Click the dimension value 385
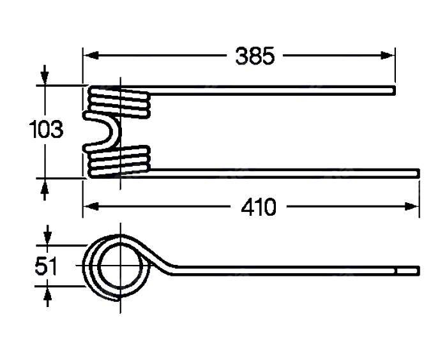click(x=255, y=56)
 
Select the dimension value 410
click(x=259, y=207)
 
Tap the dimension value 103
click(x=46, y=130)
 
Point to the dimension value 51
click(x=46, y=266)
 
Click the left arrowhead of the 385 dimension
click(x=91, y=56)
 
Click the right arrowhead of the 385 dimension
click(x=388, y=56)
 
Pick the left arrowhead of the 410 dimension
click(x=91, y=206)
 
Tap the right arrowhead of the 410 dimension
click(x=412, y=206)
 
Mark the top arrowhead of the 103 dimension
click(x=45, y=77)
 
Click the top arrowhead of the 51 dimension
click(x=48, y=237)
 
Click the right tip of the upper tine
click(x=395, y=90)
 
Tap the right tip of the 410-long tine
click(x=420, y=173)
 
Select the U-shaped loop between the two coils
click(x=102, y=131)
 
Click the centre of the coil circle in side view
click(x=120, y=266)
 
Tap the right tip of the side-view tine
click(x=420, y=270)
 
